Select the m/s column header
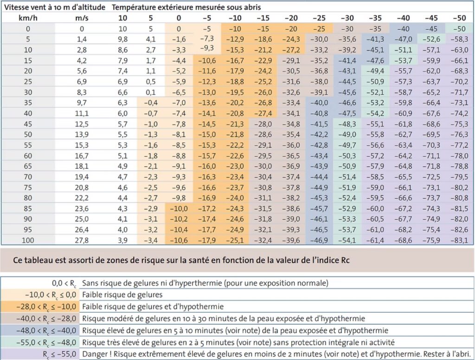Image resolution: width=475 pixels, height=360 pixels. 82,18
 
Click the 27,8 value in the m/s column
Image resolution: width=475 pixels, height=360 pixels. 82,240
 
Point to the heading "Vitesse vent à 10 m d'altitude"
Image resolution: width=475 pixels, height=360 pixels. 53,7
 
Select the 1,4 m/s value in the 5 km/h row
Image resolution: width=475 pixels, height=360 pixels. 82,39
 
